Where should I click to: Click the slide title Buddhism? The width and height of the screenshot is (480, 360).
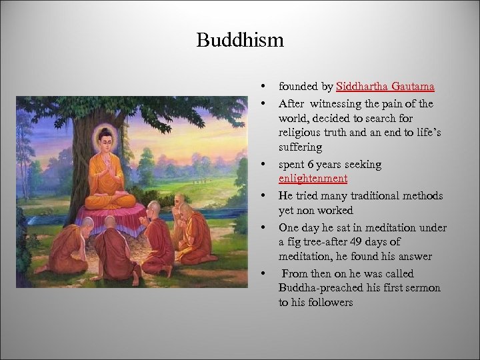240,41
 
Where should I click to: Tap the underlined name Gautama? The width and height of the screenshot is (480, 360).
414,87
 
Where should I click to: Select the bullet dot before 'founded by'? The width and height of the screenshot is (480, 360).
265,87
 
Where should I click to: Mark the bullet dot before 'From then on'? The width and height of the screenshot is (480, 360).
265,273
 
